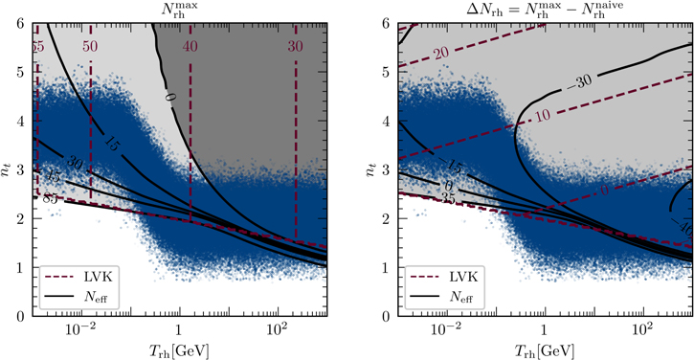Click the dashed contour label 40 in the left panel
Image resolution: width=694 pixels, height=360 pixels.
[x=191, y=46]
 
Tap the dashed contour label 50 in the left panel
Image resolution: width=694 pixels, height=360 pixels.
[x=90, y=46]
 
